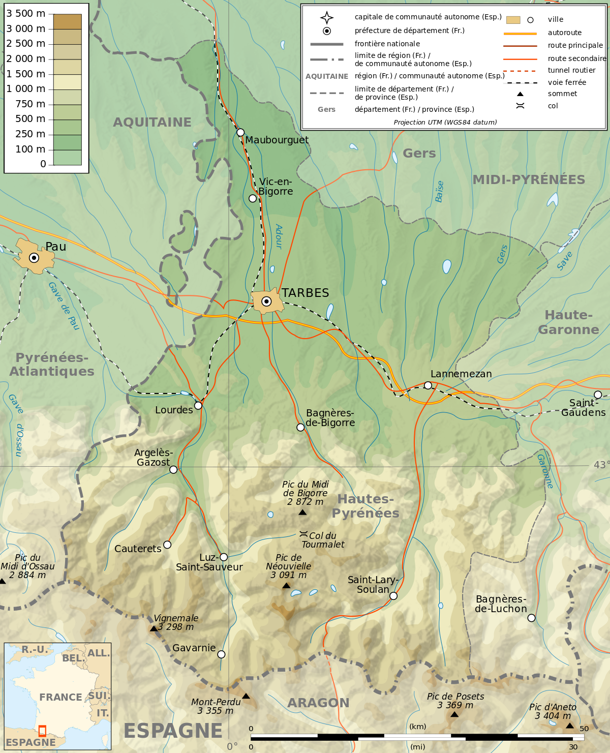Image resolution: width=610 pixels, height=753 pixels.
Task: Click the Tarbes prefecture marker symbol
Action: pos(266,302)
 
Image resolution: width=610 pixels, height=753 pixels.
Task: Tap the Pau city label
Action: pos(56,247)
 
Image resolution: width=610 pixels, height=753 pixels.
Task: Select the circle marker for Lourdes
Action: pos(198,405)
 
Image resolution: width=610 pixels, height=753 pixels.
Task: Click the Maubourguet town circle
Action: pos(240,132)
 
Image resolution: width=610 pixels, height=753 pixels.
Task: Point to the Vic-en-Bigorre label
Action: pos(275,187)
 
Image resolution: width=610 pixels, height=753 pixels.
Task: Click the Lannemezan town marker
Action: pos(428,385)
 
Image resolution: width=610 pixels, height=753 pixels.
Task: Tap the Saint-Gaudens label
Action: pos(583,408)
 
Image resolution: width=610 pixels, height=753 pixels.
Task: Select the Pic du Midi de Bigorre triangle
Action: pos(302,513)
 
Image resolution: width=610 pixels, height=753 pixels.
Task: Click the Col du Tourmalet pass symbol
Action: pos(303,534)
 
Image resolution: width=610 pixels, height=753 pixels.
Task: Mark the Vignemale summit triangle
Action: pos(154,628)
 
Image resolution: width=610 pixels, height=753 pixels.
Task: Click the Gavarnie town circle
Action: pos(221,654)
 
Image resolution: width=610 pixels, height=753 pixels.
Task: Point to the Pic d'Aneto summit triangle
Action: pos(570,726)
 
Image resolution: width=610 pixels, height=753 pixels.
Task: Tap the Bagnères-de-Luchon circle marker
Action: pos(531,618)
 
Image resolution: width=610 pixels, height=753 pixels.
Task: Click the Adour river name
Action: pos(279,236)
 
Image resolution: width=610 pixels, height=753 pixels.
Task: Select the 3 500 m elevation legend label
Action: pos(26,14)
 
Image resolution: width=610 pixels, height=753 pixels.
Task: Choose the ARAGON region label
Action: pos(318,703)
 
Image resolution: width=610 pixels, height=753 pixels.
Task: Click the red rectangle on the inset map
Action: pos(42,731)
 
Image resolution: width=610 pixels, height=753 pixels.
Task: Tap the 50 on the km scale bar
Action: pos(584,729)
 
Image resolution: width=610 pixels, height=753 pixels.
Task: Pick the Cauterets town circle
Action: pos(167,545)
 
